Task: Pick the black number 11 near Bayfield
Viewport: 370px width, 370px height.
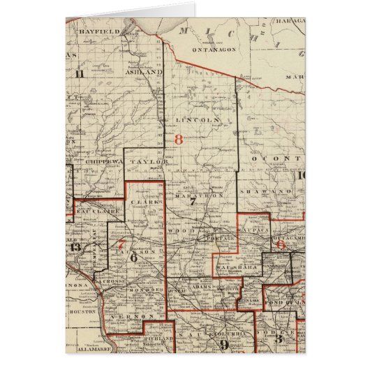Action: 80,73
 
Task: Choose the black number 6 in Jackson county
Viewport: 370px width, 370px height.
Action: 133,256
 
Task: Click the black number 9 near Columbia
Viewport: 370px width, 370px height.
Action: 224,343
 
